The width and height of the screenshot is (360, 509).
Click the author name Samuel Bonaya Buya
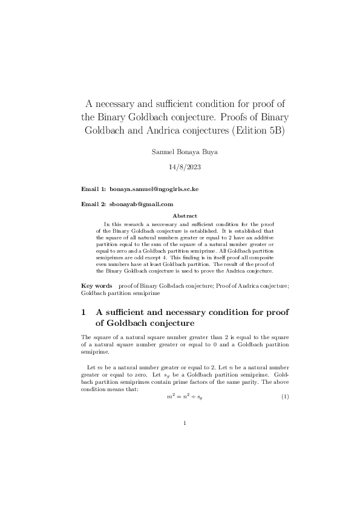pyautogui.click(x=185, y=151)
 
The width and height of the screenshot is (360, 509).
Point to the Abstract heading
pyautogui.click(x=185, y=215)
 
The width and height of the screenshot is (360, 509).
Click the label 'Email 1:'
pyautogui.click(x=94, y=189)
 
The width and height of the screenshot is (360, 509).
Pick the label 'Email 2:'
pyautogui.click(x=94, y=204)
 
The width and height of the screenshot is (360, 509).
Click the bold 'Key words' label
pyautogui.click(x=97, y=284)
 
